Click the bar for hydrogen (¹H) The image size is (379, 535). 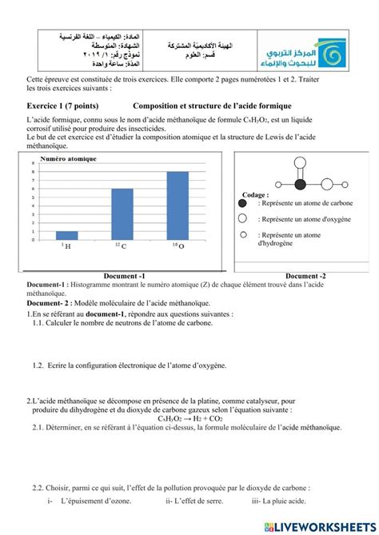coord(67,235)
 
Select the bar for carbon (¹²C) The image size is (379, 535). coord(122,214)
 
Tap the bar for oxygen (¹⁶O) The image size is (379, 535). coord(177,205)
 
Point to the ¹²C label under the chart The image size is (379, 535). coord(120,246)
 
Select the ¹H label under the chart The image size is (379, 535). coord(66,246)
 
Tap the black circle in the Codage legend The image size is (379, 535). coord(245,204)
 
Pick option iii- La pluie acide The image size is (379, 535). coord(283,502)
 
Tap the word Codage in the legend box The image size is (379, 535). coord(255,194)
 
